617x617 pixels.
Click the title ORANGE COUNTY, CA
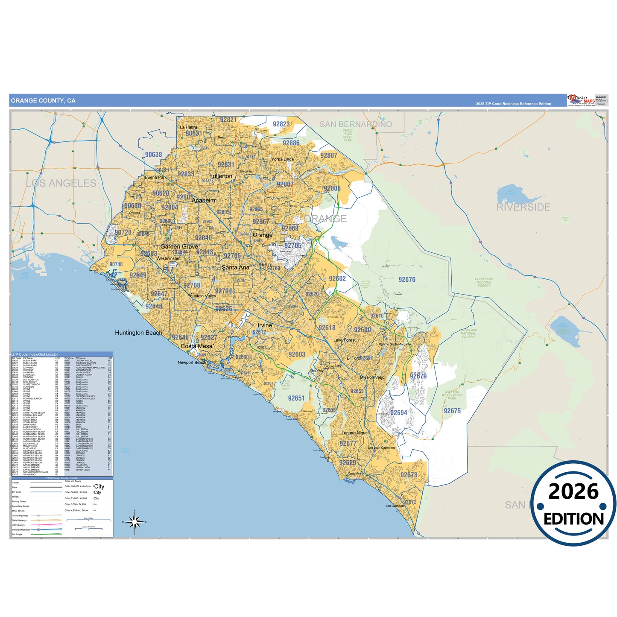point(43,101)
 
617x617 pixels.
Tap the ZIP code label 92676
point(406,280)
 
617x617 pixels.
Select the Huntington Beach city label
point(139,333)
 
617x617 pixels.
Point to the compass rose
point(135,521)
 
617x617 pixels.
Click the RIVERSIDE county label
point(523,208)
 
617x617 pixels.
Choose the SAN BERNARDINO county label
point(356,124)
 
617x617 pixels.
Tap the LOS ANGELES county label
point(61,183)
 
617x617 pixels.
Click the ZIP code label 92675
point(452,411)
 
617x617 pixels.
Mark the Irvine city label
point(265,325)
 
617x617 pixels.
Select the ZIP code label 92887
point(329,155)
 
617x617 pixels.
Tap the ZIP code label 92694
point(398,412)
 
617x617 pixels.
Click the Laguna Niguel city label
point(355,433)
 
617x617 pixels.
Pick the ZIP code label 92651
point(296,398)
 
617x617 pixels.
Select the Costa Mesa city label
point(196,346)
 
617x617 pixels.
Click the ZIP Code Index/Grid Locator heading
point(35,354)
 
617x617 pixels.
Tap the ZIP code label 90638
point(153,155)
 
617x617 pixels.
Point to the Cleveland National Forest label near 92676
point(484,282)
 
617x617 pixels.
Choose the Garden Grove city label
point(179,246)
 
